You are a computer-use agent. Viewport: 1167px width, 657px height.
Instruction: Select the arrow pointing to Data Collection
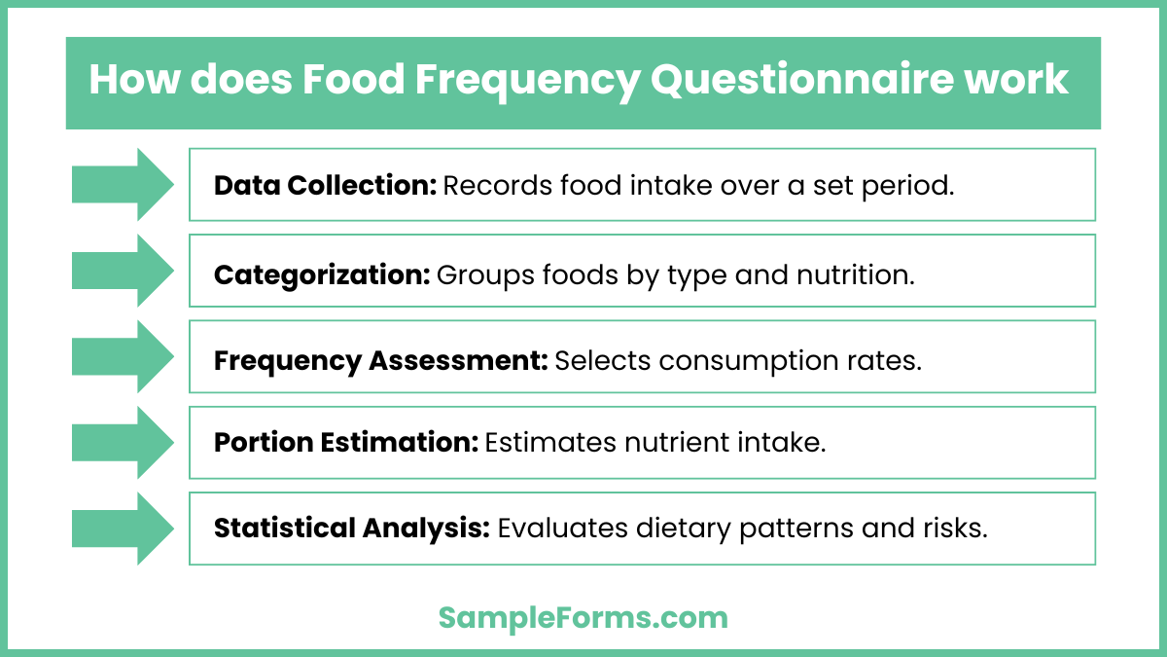coord(123,184)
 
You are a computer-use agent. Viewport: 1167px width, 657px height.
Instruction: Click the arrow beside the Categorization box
coord(123,270)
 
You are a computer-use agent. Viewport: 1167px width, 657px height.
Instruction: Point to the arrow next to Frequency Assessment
coord(123,356)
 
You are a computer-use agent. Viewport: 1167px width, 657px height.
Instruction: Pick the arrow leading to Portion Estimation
coord(123,442)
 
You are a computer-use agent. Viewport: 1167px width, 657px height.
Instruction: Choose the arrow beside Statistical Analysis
coord(123,529)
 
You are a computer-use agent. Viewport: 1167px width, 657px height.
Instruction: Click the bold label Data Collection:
coord(325,185)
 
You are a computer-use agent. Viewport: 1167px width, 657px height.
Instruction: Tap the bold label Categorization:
coord(322,274)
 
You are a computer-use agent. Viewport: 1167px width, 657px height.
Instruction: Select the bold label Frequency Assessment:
coord(381,360)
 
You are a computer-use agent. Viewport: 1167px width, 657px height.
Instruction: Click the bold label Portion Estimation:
coord(346,443)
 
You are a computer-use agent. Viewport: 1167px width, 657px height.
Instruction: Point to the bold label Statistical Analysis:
coord(351,529)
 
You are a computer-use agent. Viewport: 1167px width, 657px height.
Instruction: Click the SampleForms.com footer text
coord(583,617)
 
